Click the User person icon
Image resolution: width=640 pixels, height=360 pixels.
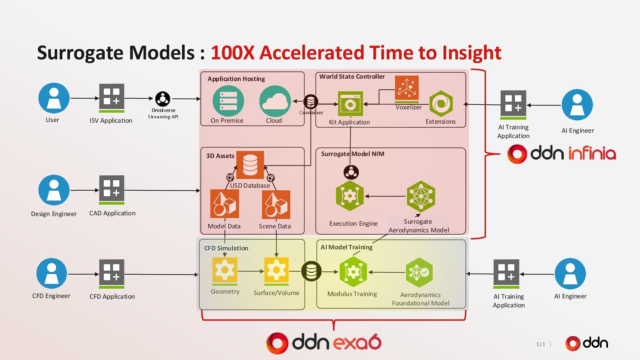pos(54,98)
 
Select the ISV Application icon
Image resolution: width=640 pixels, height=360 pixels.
pos(112,98)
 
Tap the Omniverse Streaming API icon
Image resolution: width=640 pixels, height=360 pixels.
pos(163,99)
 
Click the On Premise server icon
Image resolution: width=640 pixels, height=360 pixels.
pos(228,101)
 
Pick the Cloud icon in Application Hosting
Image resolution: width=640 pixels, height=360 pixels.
pos(275,101)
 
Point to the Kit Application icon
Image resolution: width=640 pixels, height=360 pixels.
pos(350,104)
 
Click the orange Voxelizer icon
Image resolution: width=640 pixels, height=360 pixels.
pos(407,88)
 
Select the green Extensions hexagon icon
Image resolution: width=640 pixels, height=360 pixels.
pos(441,104)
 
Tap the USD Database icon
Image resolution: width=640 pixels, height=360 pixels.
pos(250,164)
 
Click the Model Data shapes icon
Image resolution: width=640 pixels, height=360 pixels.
pos(224,204)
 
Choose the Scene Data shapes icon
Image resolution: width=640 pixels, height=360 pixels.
pos(276,204)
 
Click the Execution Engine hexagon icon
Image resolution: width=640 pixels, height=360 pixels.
pos(350,196)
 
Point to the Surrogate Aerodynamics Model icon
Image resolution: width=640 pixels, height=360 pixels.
pos(421,196)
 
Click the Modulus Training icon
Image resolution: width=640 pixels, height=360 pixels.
pos(353,272)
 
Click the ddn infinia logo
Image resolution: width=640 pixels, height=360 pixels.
pos(561,154)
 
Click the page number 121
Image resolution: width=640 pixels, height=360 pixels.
pos(540,344)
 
